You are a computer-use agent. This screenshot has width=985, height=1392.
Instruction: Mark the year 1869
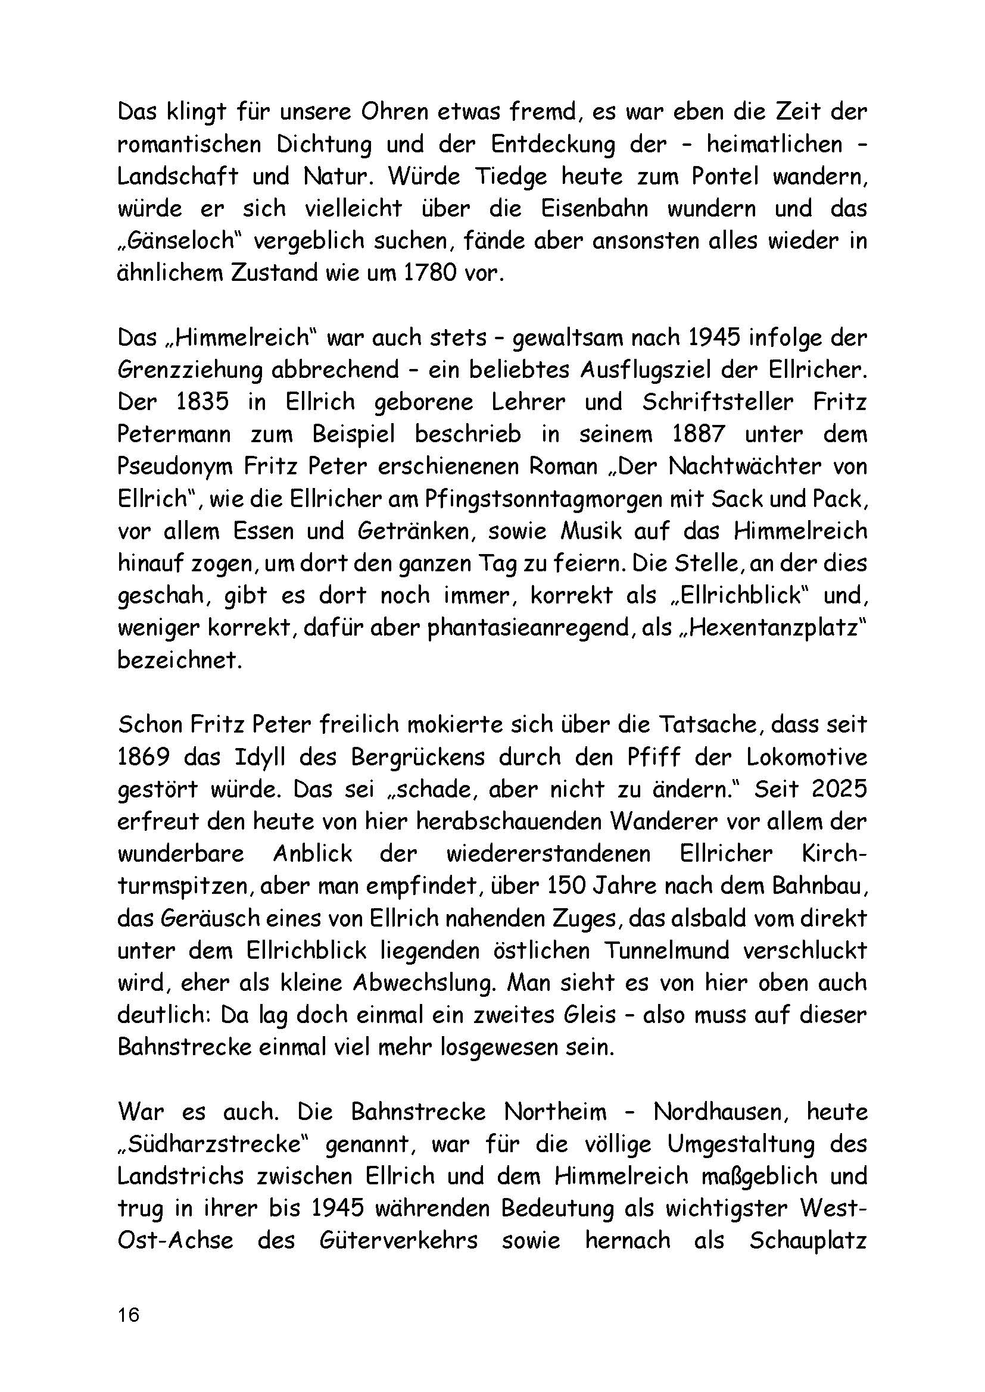(x=144, y=757)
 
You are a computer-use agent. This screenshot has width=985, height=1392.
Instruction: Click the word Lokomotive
(x=807, y=757)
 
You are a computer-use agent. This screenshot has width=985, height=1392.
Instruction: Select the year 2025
(x=837, y=789)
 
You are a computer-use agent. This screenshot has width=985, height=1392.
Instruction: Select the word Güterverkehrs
(x=398, y=1240)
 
